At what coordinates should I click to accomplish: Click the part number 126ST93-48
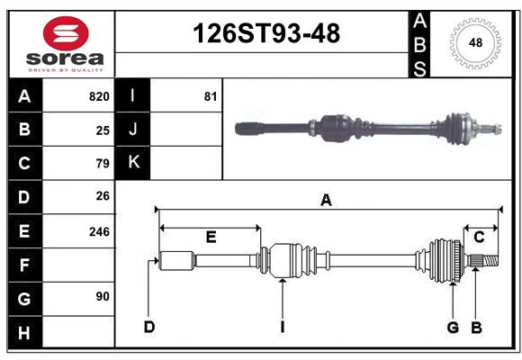click(267, 33)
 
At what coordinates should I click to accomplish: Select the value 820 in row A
click(99, 96)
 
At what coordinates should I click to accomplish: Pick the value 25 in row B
click(103, 130)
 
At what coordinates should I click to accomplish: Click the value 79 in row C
click(103, 164)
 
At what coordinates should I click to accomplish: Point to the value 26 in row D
click(103, 197)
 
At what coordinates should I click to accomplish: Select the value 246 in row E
click(99, 231)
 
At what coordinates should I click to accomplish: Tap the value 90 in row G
click(103, 296)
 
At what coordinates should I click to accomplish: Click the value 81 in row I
click(211, 96)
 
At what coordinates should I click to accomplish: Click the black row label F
click(24, 265)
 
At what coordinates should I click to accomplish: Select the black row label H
click(24, 333)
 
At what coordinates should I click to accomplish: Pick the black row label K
click(133, 163)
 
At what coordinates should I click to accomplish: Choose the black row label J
click(133, 130)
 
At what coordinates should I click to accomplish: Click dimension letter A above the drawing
click(326, 202)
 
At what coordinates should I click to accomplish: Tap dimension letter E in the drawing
click(211, 238)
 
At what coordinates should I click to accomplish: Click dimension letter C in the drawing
click(479, 238)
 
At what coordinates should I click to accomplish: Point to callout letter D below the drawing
click(149, 327)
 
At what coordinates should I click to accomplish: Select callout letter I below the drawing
click(282, 327)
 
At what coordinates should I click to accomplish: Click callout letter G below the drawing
click(453, 327)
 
